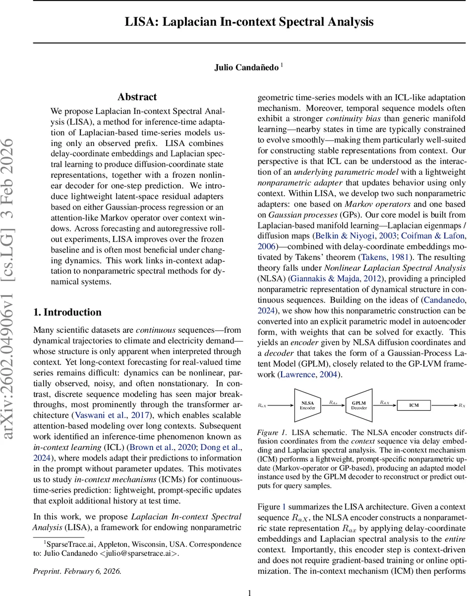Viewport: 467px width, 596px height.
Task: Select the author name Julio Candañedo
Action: point(246,68)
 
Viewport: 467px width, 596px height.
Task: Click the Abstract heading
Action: point(137,97)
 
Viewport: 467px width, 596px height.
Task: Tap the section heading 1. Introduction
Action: point(67,312)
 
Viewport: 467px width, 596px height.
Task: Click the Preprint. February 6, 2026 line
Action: point(77,571)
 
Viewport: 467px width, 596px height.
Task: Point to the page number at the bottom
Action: point(250,592)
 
